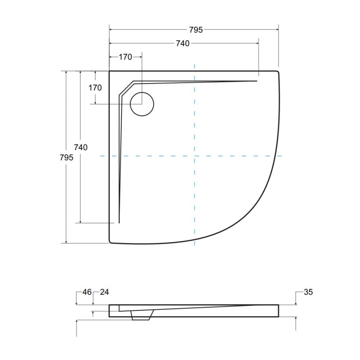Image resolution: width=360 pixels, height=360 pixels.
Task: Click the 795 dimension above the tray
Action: click(x=196, y=30)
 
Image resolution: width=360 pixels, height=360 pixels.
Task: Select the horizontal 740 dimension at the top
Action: click(x=182, y=44)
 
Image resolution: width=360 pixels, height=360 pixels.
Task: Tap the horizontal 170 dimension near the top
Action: click(x=125, y=57)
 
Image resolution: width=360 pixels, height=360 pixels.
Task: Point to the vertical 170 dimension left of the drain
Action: click(x=95, y=88)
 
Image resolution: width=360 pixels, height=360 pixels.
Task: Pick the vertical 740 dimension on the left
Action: click(x=81, y=147)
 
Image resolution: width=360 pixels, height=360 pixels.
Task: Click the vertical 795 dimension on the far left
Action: click(x=67, y=157)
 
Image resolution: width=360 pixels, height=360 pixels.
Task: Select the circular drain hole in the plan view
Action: click(x=142, y=104)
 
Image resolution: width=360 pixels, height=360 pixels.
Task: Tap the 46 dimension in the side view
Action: click(x=87, y=292)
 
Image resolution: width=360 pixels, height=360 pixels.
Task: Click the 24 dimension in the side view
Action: click(x=104, y=292)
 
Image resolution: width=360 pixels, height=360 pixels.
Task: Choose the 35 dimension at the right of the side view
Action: click(x=308, y=292)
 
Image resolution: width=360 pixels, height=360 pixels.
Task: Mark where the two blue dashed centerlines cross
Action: click(x=194, y=156)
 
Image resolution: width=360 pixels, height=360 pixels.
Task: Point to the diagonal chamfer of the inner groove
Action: click(x=126, y=87)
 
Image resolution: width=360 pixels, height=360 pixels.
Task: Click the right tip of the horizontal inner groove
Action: click(x=257, y=81)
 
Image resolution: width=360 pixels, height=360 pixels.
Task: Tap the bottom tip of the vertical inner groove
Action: click(x=119, y=222)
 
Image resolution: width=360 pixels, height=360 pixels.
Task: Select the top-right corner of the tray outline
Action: click(x=277, y=72)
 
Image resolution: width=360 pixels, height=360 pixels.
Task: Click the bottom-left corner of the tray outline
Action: click(x=110, y=242)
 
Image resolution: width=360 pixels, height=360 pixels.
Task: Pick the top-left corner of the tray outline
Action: click(x=110, y=72)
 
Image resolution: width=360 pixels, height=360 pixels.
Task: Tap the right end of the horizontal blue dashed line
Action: click(x=282, y=156)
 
